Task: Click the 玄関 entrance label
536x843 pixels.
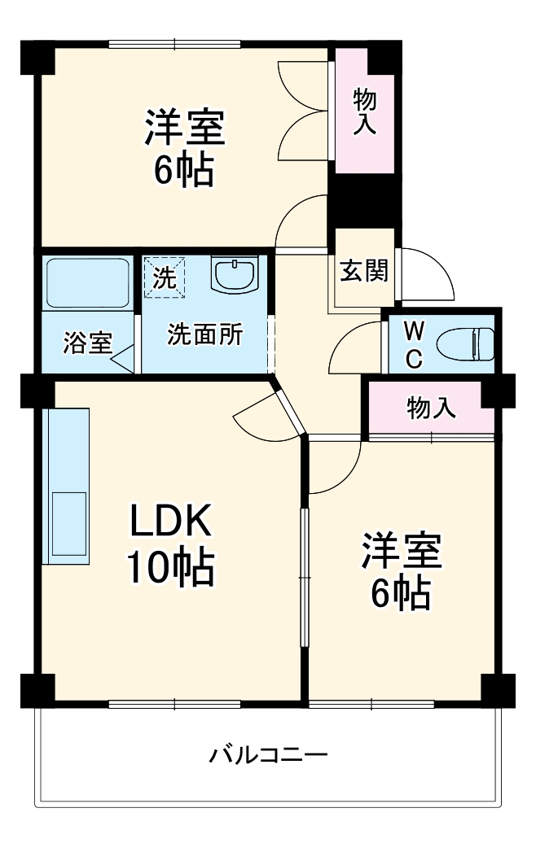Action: point(364,270)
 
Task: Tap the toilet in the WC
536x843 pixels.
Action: point(465,344)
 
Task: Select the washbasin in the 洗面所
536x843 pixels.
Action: point(235,274)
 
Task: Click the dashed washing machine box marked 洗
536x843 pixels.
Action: point(164,277)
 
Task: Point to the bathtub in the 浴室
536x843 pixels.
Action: point(87,283)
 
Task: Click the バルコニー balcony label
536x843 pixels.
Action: point(268,755)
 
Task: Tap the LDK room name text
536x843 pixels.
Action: point(170,521)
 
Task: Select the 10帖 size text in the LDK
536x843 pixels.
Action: point(170,566)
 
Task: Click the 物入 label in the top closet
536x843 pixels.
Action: point(364,111)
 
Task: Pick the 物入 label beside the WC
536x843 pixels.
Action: point(431,408)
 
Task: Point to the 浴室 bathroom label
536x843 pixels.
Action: point(88,343)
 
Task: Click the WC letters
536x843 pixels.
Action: point(413,345)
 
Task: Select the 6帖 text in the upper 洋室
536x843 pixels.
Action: point(184,169)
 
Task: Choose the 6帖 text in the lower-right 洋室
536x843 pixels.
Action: point(401,593)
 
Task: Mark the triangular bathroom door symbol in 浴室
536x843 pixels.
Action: point(123,359)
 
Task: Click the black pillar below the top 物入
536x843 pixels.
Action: point(364,200)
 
